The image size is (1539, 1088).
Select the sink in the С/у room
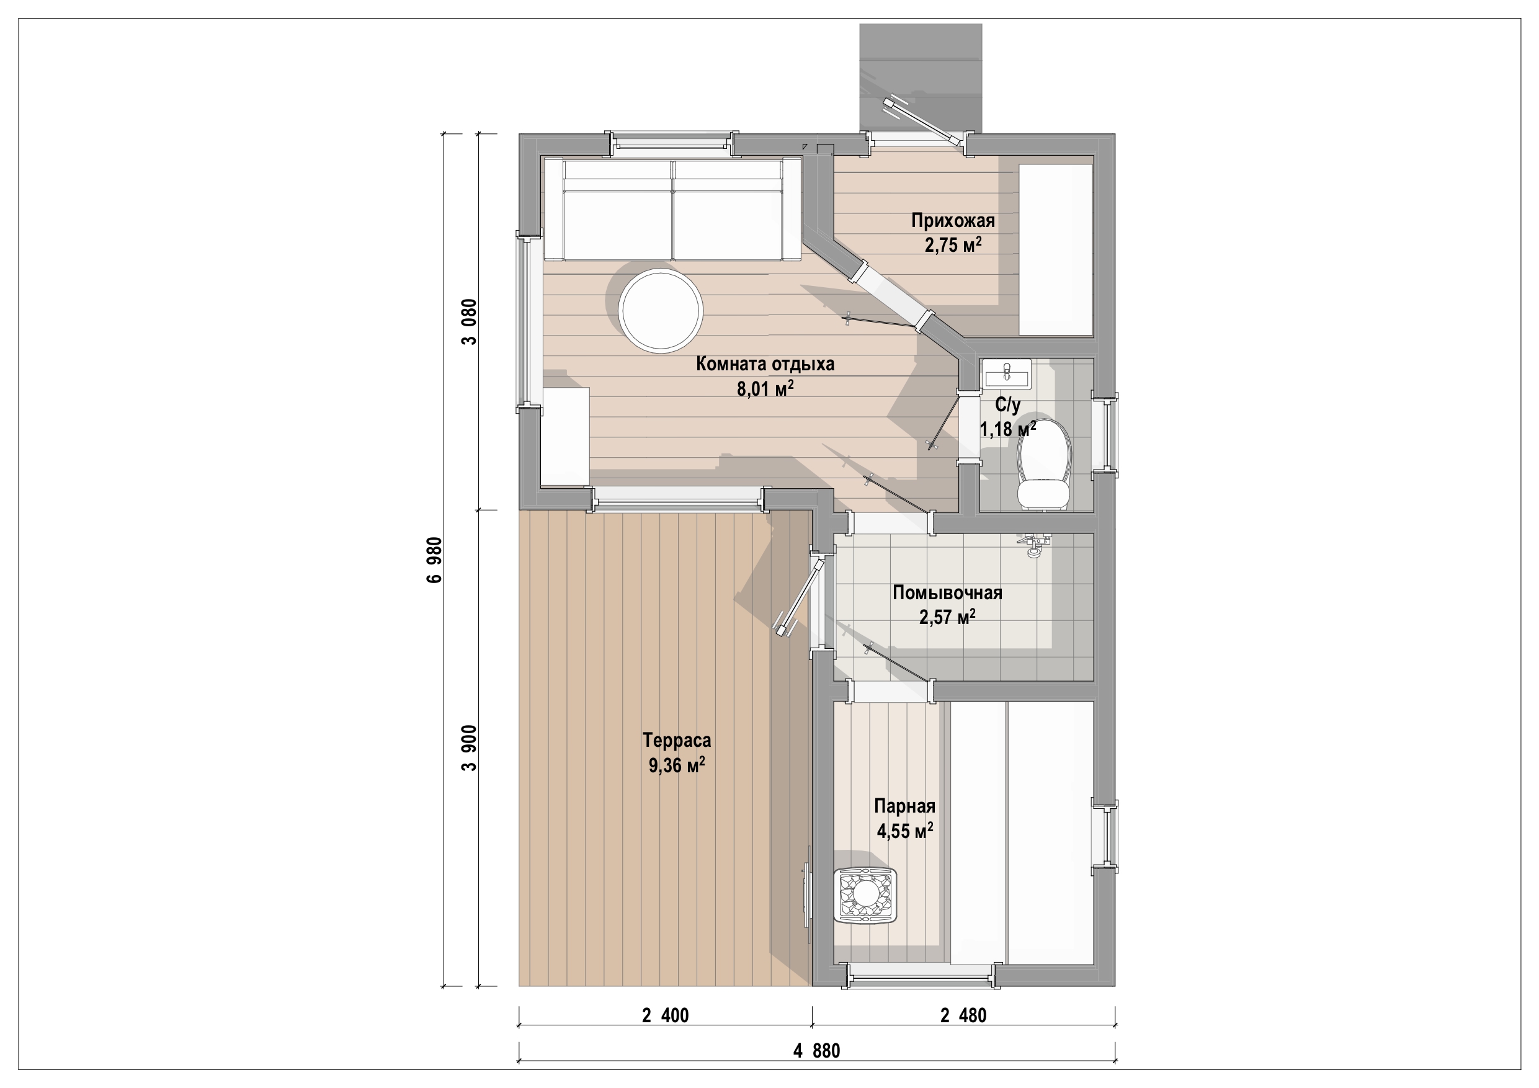click(x=1006, y=373)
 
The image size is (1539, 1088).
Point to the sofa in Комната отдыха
click(x=672, y=208)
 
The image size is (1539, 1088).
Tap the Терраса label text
click(x=676, y=740)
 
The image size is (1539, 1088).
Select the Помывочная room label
click(x=947, y=592)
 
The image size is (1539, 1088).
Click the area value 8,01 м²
click(x=765, y=388)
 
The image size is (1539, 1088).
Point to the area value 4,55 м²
click(x=905, y=831)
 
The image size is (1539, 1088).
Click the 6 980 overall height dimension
click(x=434, y=560)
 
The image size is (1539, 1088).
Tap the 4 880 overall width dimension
click(x=816, y=1050)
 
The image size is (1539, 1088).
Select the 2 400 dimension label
click(x=665, y=1015)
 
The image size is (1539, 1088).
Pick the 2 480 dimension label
click(x=963, y=1015)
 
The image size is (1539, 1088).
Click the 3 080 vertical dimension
click(x=469, y=322)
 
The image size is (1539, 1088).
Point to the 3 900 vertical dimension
click(x=469, y=748)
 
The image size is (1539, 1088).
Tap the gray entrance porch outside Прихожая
click(x=921, y=78)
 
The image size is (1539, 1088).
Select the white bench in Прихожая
click(x=1056, y=249)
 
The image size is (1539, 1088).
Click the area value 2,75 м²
click(x=953, y=244)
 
